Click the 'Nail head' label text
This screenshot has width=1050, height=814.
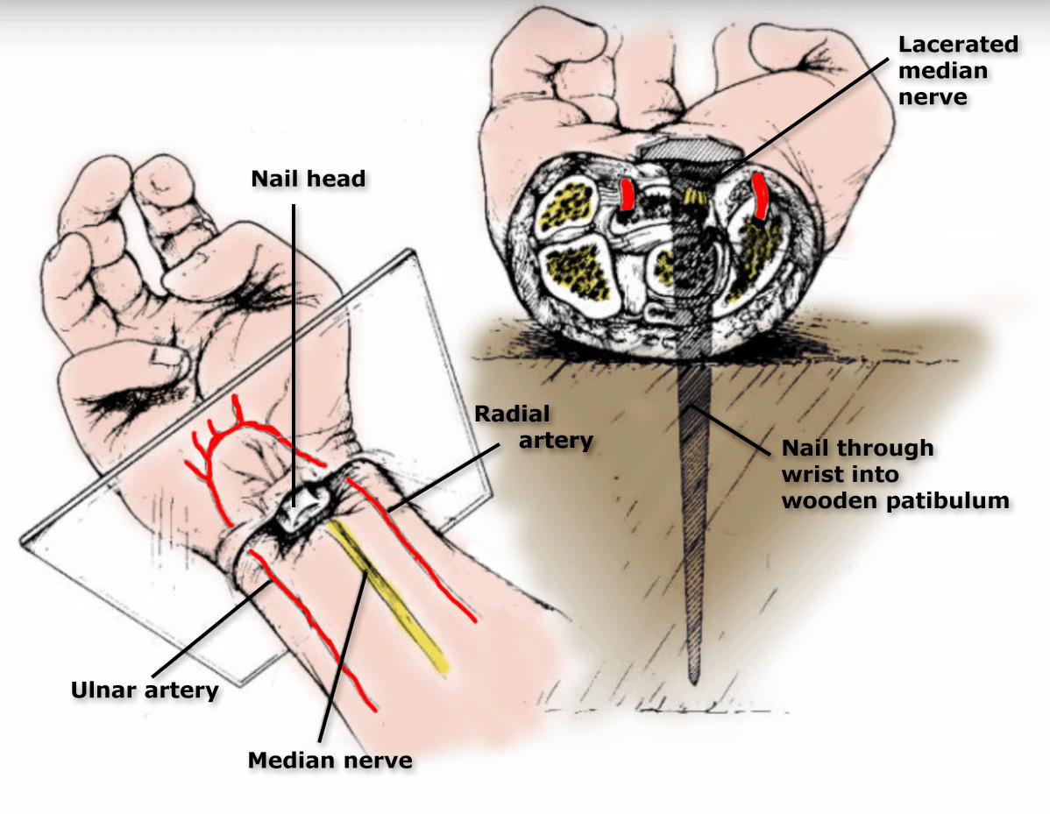(x=308, y=179)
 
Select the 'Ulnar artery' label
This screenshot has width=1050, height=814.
(x=144, y=690)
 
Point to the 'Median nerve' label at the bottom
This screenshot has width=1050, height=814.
(x=330, y=760)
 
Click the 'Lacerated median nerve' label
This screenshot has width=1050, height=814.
(x=956, y=69)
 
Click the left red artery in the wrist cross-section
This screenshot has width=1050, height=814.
(x=628, y=195)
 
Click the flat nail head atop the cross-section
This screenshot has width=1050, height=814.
(x=681, y=151)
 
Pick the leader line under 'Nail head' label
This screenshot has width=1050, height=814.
(x=293, y=350)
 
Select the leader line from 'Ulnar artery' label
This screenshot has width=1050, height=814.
(x=210, y=626)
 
